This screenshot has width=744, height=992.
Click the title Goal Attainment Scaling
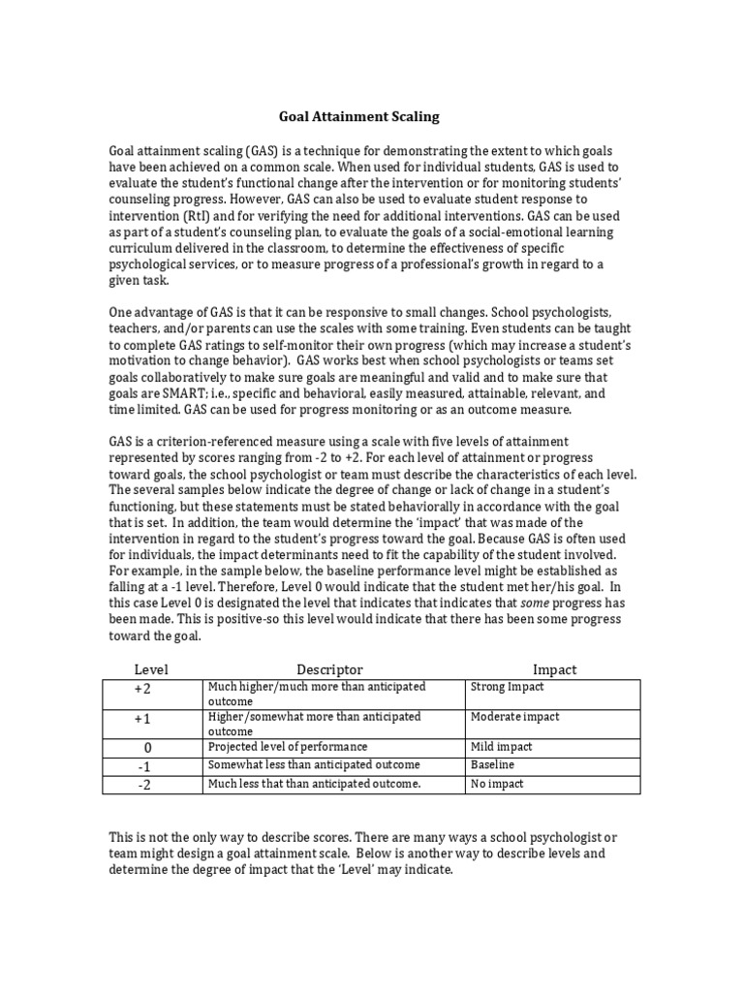[x=358, y=116]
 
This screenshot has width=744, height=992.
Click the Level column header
[x=151, y=669]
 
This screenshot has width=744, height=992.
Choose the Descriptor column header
[x=329, y=669]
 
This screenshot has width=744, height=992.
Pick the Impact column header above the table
[x=554, y=669]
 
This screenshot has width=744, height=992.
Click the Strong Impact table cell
[x=507, y=687]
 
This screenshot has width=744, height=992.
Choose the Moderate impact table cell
[x=514, y=717]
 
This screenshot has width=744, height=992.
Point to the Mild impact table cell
[x=501, y=747]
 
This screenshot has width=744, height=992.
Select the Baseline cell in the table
[x=491, y=765]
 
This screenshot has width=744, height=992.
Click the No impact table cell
[x=495, y=784]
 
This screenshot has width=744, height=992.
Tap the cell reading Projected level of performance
[x=288, y=747]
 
